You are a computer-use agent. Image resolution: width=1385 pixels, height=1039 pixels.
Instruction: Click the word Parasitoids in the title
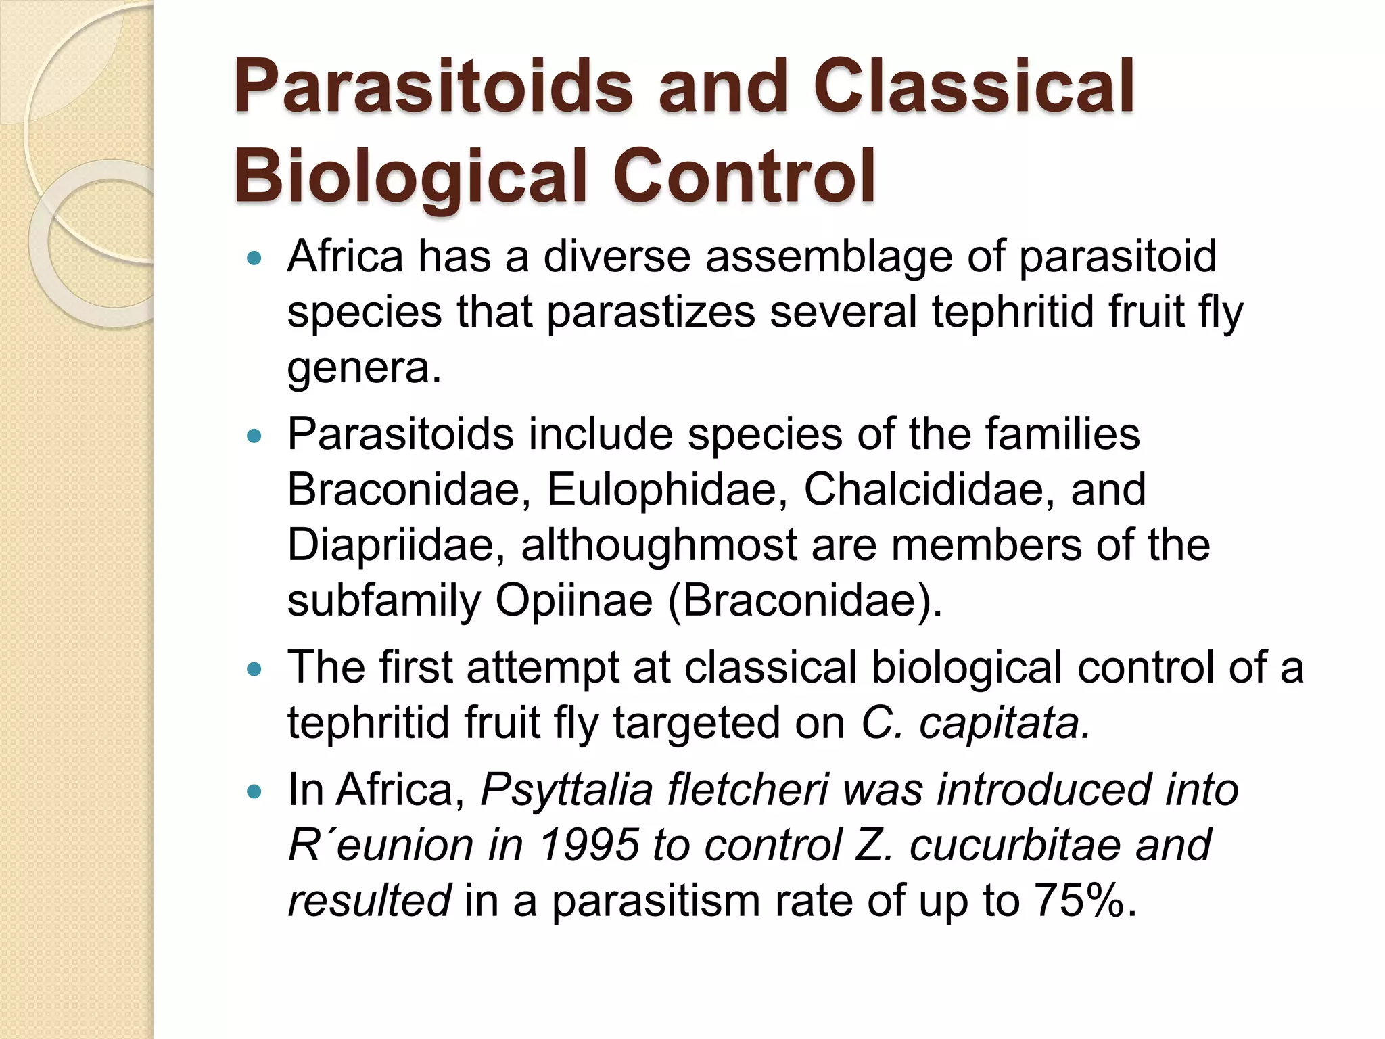pos(433,88)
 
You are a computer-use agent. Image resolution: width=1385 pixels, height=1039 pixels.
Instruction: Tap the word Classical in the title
pos(974,88)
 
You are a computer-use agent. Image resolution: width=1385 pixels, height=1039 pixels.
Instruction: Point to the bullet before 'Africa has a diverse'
pos(254,258)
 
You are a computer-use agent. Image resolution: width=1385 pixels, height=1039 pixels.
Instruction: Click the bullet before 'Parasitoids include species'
pos(254,436)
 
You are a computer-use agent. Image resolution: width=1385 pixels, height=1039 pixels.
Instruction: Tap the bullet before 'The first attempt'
pos(254,670)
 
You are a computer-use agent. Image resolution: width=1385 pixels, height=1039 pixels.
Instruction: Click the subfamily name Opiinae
pos(573,601)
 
